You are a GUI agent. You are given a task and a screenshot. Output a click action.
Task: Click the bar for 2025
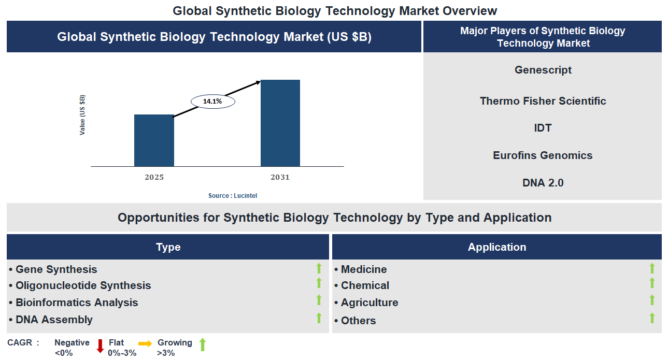[154, 140]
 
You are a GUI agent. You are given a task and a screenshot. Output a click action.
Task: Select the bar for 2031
[280, 123]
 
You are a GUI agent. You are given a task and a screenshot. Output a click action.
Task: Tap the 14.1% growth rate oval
[212, 102]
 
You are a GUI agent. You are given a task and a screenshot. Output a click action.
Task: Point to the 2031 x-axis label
[280, 177]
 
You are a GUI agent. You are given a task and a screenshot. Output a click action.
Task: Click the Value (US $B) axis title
[82, 115]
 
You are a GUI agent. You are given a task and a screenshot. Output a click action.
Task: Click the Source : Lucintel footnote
[232, 195]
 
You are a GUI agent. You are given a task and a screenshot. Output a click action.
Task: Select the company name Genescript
[543, 70]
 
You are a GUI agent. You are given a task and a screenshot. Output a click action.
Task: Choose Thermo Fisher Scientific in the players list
[543, 101]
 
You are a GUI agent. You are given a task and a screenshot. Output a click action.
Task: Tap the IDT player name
[543, 128]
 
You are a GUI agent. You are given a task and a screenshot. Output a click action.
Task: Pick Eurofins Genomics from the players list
[543, 155]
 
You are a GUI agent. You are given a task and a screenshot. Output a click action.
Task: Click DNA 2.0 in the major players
[543, 183]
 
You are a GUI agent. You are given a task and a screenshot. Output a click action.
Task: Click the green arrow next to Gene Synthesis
[319, 268]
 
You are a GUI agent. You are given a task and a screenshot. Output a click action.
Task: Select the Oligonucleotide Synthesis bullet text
[83, 285]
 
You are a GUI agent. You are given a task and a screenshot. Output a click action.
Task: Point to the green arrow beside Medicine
[652, 268]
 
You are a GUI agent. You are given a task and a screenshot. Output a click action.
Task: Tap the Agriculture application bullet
[369, 303]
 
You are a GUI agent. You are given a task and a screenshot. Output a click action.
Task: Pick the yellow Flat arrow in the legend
[145, 343]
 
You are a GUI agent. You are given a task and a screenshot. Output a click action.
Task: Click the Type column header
[168, 247]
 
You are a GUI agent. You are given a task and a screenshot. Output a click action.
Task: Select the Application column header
[496, 247]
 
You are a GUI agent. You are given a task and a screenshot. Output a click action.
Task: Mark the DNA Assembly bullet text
[54, 320]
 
